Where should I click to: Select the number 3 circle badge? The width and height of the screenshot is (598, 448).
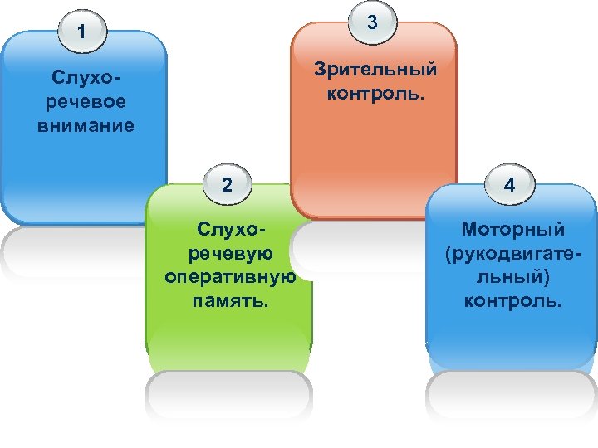373,22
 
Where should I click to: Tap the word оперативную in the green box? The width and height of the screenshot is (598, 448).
230,277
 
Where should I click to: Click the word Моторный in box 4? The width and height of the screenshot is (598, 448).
513,228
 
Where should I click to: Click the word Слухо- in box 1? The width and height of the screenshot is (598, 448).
84,79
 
